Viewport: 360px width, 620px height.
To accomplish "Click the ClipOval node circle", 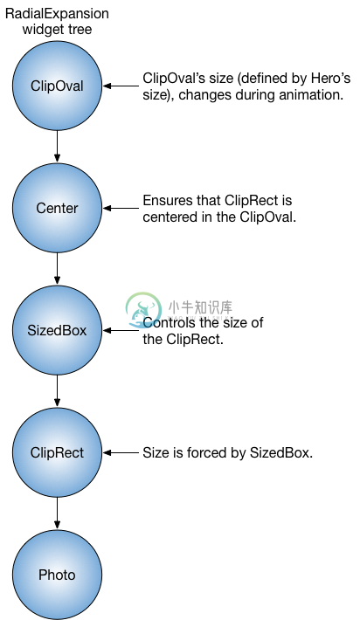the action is click(57, 86).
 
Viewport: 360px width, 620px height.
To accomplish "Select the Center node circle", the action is click(57, 208).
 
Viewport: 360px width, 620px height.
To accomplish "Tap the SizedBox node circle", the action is click(57, 330).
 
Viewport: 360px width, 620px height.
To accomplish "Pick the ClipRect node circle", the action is click(57, 452).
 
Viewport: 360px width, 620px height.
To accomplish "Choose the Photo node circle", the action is click(57, 575).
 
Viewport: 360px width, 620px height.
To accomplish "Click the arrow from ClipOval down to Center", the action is click(57, 147).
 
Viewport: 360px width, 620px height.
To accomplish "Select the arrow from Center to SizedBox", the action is click(57, 268).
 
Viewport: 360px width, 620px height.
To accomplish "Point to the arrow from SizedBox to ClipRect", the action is click(57, 390).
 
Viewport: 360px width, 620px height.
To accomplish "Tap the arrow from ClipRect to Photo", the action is click(57, 513).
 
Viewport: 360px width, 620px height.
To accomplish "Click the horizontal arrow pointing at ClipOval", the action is click(121, 86).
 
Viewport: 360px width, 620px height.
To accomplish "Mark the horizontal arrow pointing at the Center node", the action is click(121, 208).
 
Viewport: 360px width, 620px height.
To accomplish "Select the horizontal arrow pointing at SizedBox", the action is click(121, 330).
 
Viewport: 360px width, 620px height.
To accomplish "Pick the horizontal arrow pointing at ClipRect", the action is click(121, 452).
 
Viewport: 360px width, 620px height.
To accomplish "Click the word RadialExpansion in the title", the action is click(57, 14).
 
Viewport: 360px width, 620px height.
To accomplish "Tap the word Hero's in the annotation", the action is click(330, 78).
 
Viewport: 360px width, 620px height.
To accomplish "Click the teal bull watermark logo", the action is click(142, 310).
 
